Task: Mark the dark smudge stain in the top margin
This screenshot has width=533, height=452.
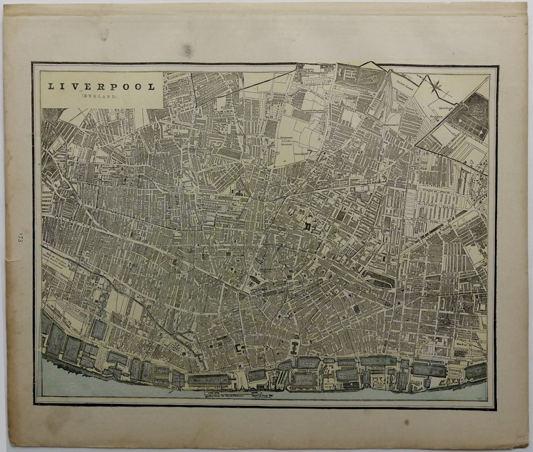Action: click(188, 49)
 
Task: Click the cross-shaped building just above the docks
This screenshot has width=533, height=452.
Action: click(295, 346)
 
